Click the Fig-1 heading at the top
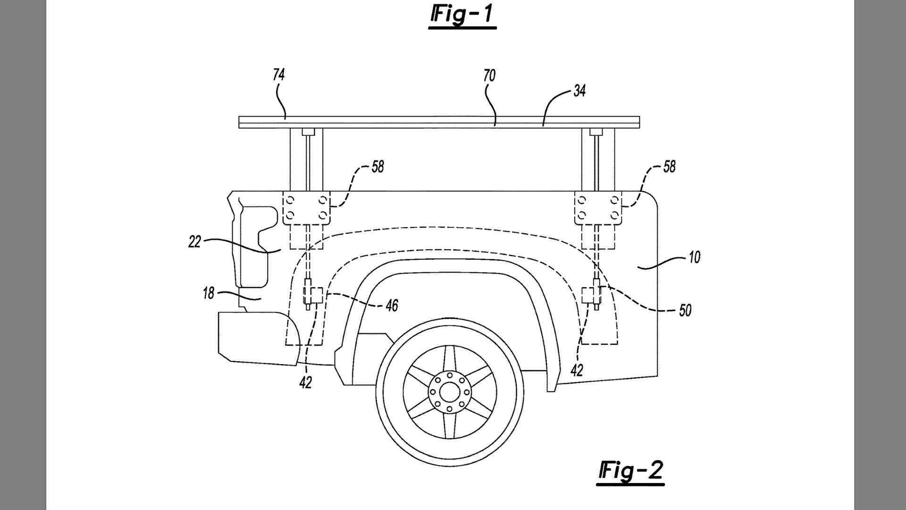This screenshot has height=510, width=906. pyautogui.click(x=462, y=14)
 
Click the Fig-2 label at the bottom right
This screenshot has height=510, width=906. pyautogui.click(x=630, y=470)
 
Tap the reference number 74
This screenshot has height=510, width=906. pyautogui.click(x=278, y=75)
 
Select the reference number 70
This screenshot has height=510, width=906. pyautogui.click(x=489, y=76)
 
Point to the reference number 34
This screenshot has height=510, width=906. pyautogui.click(x=579, y=91)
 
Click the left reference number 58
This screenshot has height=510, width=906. pyautogui.click(x=377, y=167)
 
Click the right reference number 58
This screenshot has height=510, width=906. pyautogui.click(x=669, y=167)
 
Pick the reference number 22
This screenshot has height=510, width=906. pyautogui.click(x=194, y=242)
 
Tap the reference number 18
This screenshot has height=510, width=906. pyautogui.click(x=208, y=294)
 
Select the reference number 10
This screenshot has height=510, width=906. pyautogui.click(x=694, y=257)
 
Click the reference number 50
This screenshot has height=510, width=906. pyautogui.click(x=685, y=310)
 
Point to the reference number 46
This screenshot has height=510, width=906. pyautogui.click(x=392, y=306)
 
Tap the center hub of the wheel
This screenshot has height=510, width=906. pyautogui.click(x=449, y=392)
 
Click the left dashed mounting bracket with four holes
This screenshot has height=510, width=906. pyautogui.click(x=306, y=208)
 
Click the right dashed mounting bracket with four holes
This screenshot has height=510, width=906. pyautogui.click(x=598, y=208)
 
